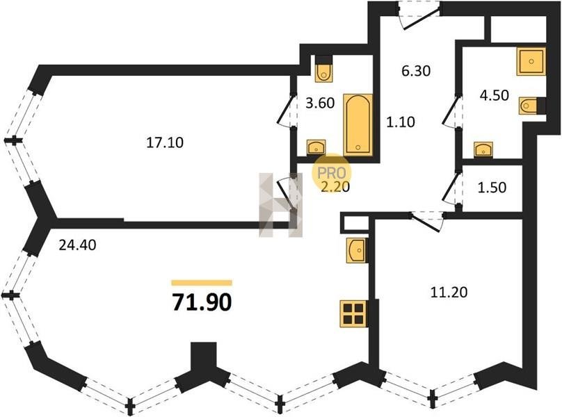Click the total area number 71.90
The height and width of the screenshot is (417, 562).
click(x=202, y=302)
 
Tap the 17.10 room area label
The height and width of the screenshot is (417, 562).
click(x=165, y=143)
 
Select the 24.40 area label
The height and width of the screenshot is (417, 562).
click(x=77, y=245)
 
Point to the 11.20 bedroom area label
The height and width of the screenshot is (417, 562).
click(x=449, y=293)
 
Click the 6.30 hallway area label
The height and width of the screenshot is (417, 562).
click(x=416, y=71)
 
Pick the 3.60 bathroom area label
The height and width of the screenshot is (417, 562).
click(x=320, y=103)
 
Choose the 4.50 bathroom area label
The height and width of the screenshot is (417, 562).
click(x=495, y=95)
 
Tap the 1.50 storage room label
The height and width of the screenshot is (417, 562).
click(x=492, y=188)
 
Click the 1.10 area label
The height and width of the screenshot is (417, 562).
click(x=401, y=122)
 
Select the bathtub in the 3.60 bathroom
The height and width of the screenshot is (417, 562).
click(x=358, y=124)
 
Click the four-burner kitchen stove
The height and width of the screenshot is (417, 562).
click(x=354, y=314)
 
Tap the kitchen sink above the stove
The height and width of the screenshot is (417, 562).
click(x=357, y=250)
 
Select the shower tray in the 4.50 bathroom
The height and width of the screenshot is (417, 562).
click(x=531, y=61)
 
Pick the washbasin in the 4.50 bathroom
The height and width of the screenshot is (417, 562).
click(x=483, y=149)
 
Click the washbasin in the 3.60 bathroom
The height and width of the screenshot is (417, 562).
click(x=316, y=147)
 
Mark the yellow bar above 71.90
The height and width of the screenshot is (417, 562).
click(x=202, y=283)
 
